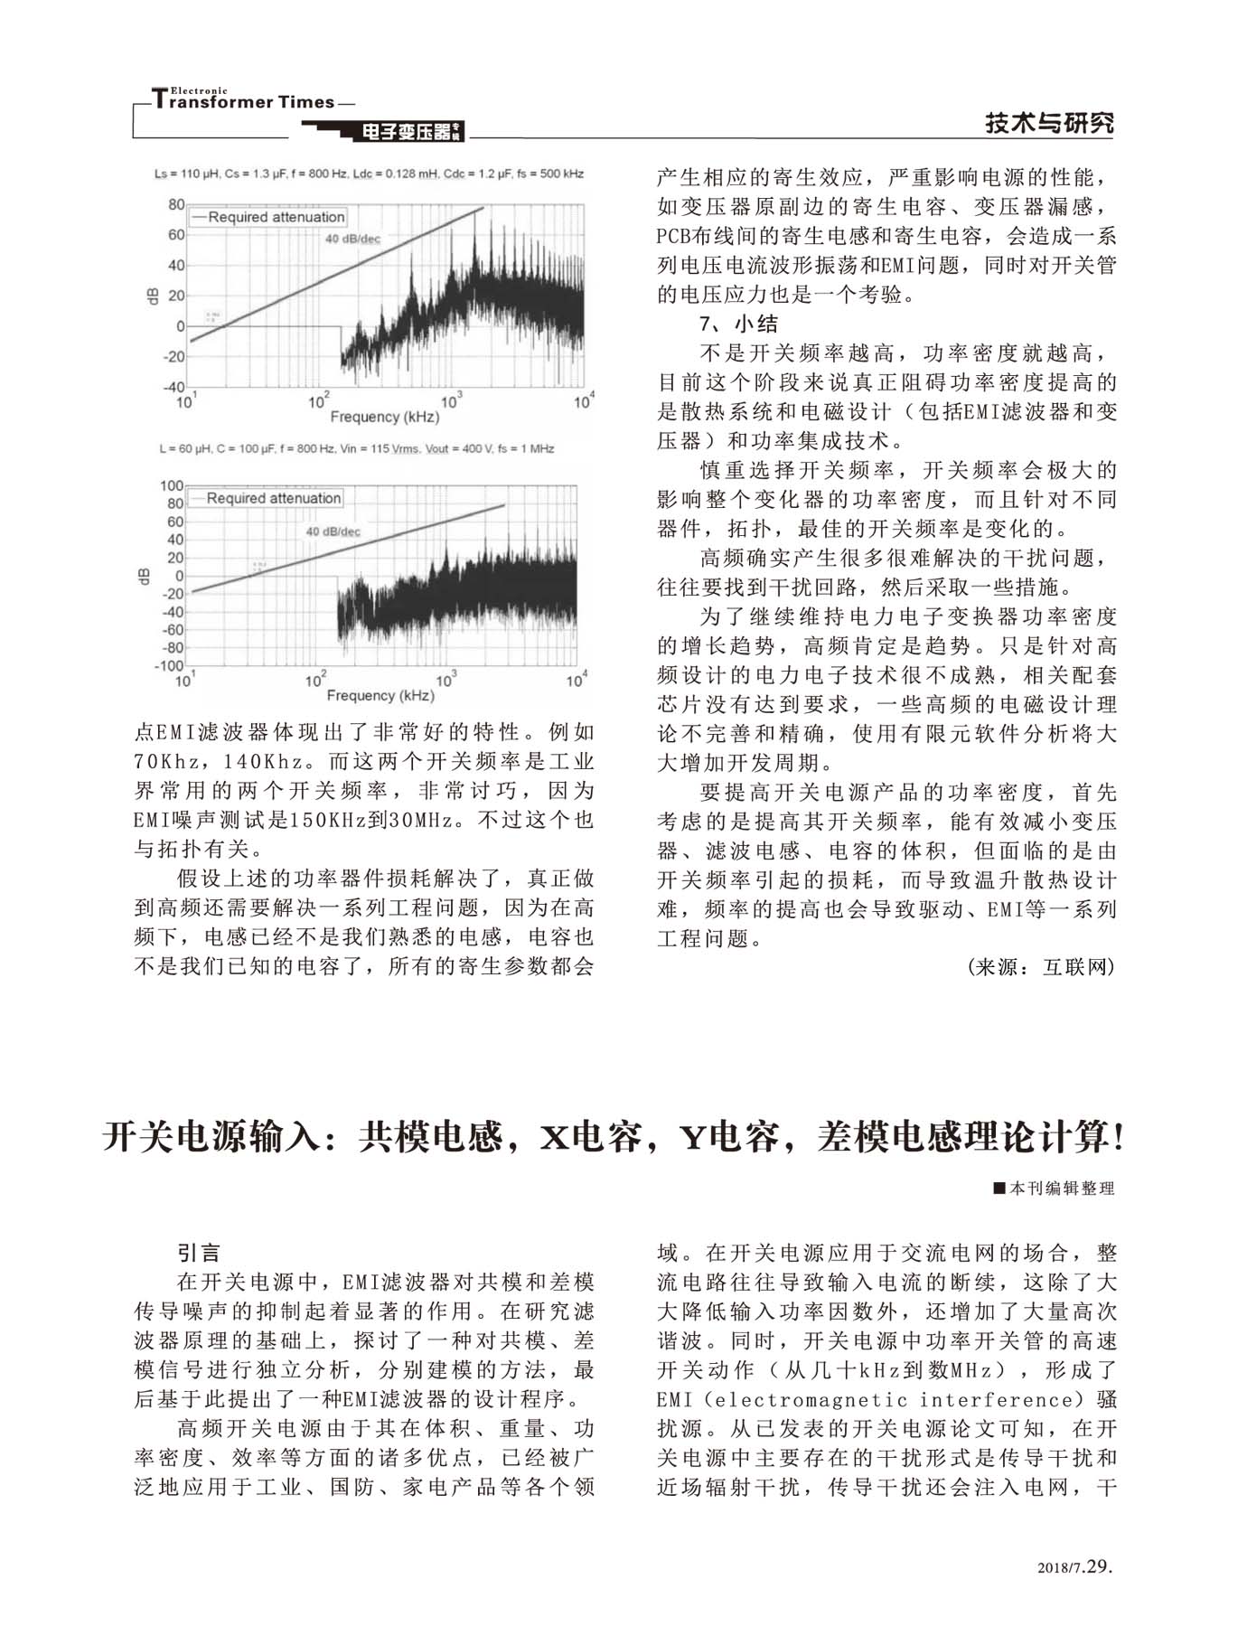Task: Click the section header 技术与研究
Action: tap(1049, 123)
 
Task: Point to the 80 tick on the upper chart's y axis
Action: tap(175, 205)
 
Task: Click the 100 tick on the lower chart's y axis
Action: tap(171, 486)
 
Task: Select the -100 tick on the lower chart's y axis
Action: tap(169, 666)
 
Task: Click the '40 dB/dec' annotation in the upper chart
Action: tap(352, 240)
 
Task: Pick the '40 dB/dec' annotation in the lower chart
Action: tap(333, 531)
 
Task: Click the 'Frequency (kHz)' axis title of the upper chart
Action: tap(384, 417)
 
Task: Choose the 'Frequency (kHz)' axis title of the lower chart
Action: tap(380, 695)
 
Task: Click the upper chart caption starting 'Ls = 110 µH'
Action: tap(369, 174)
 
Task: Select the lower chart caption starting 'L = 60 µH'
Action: tap(357, 448)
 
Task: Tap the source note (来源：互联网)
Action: tap(1041, 967)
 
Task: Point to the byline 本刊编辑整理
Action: tap(1054, 1189)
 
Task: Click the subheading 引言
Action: tap(199, 1253)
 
